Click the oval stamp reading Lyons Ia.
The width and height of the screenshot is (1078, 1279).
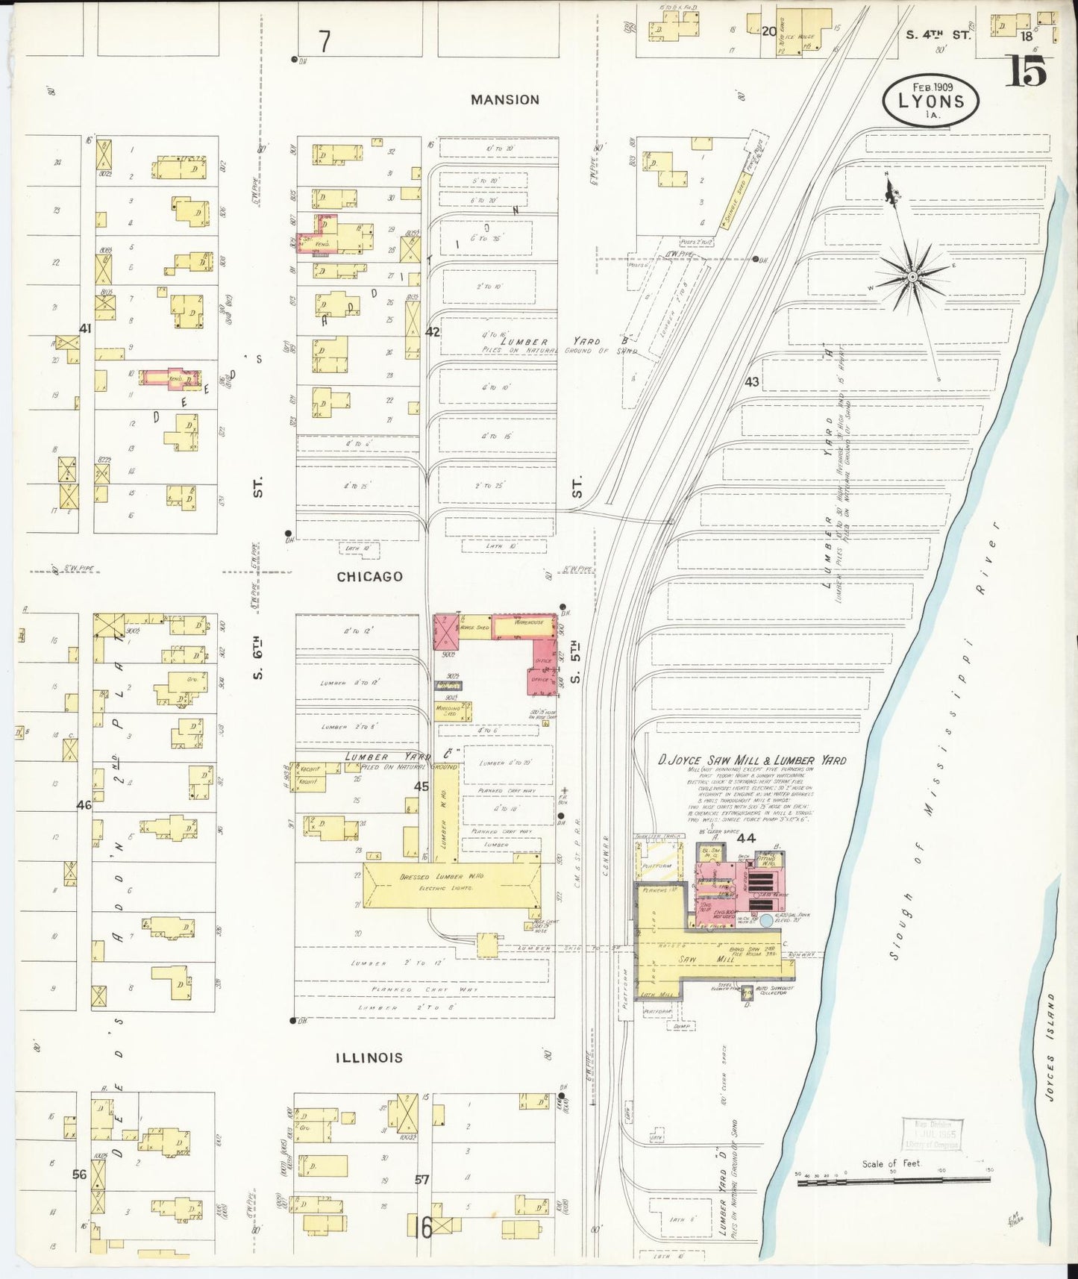[x=930, y=101]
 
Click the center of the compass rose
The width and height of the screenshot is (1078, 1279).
[x=912, y=277]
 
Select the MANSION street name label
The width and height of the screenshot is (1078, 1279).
[x=505, y=99]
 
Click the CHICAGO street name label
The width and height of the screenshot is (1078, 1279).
[x=369, y=576]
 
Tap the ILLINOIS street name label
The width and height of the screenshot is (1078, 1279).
[x=369, y=1057]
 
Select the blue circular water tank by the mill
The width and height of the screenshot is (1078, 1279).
[x=766, y=921]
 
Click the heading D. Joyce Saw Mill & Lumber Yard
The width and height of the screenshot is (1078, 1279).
[x=751, y=760]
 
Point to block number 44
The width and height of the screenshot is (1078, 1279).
[x=746, y=838]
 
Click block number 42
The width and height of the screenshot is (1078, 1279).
[x=432, y=331]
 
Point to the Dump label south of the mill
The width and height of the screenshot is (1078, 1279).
[x=680, y=1026]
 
